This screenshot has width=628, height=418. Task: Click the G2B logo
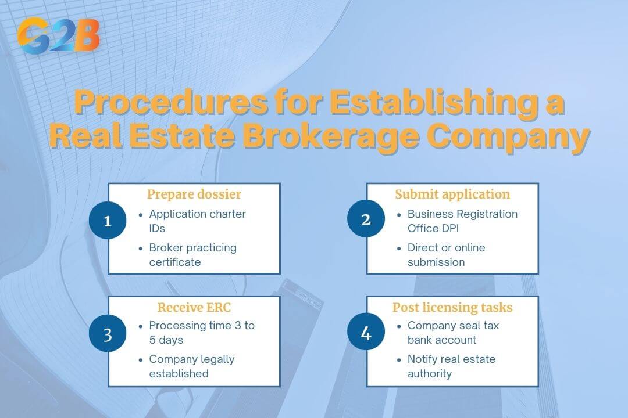pos(58,35)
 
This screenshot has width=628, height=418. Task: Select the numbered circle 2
pos(366,220)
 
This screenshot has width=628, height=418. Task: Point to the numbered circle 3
pos(108,335)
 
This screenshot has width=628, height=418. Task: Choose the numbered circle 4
pos(366,334)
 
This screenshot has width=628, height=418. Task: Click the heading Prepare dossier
pos(194,194)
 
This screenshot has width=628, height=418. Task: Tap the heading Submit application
pos(452,194)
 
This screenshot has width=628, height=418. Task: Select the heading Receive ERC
pos(194,307)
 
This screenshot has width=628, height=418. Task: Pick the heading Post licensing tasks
pos(452,307)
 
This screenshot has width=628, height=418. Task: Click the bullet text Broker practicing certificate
pos(192,255)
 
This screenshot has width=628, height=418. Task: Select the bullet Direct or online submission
pos(446,255)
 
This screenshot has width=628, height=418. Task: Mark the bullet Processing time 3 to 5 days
pos(202,333)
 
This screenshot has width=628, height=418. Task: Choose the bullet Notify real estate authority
pos(451,366)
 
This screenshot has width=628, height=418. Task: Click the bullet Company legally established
pos(192,366)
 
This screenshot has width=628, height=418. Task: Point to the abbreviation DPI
pos(447,228)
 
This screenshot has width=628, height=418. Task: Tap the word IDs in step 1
pos(157,228)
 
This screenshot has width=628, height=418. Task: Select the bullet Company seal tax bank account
pos(453,333)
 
